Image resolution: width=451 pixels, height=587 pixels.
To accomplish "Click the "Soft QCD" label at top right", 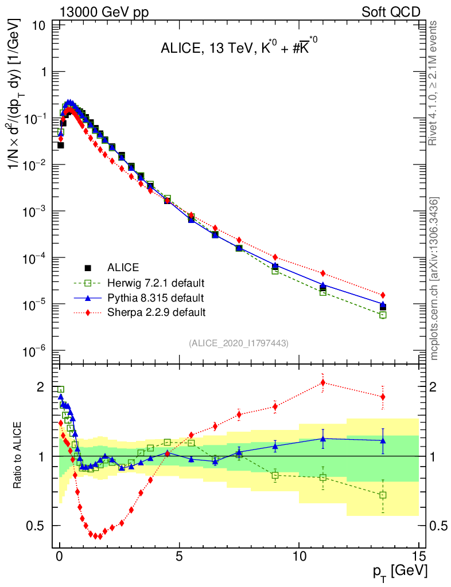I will [391, 12].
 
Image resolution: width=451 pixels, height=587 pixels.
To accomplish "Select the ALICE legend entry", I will [123, 267].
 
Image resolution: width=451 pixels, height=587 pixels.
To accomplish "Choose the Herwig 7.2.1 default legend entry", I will [155, 283].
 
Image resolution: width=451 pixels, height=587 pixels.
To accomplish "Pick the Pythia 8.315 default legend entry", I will [155, 298].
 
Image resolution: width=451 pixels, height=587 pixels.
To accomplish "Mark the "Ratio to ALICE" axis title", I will [19, 456].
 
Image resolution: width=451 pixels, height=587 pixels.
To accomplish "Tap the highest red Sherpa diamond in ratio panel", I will [323, 382].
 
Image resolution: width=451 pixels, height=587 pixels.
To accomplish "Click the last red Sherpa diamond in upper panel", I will [383, 295].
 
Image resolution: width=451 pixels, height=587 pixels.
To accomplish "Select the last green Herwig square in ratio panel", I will [383, 495].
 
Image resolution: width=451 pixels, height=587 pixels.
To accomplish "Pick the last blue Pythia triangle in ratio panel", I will [383, 440].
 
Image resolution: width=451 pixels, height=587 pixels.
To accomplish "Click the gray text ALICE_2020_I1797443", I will [239, 343].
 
